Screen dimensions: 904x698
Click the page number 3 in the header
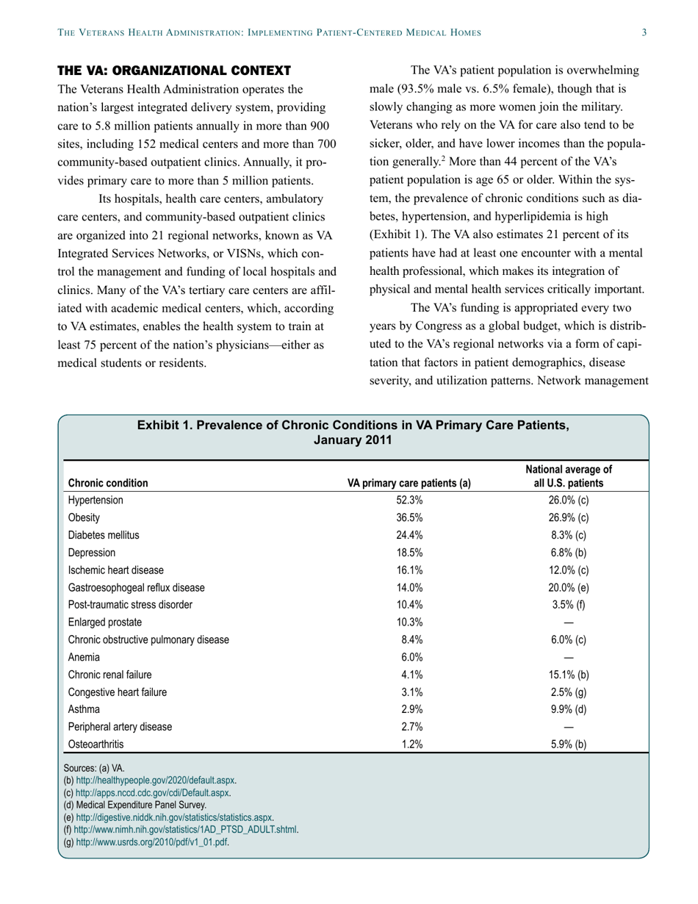[x=644, y=32]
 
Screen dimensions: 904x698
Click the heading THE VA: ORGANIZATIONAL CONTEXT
[x=174, y=71]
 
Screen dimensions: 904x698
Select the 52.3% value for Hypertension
[x=409, y=501]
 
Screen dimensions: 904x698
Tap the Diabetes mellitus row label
[x=104, y=535]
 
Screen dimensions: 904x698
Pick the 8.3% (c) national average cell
[x=568, y=535]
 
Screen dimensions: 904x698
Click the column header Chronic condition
[x=108, y=483]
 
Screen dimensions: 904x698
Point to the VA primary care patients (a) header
[x=409, y=483]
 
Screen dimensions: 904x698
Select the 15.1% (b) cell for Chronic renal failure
[x=568, y=675]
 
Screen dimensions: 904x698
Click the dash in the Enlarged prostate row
[x=568, y=623]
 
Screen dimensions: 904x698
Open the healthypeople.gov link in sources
[x=156, y=781]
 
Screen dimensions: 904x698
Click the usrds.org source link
[x=151, y=842]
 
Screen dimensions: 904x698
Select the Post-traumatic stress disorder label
[x=130, y=605]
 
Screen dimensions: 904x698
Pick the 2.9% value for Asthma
[x=409, y=710]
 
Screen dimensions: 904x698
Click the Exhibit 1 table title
[x=353, y=432]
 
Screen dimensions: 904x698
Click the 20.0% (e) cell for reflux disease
[x=568, y=587]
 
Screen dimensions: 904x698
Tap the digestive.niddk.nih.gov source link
[x=173, y=817]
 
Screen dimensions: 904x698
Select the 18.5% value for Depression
[x=409, y=553]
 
